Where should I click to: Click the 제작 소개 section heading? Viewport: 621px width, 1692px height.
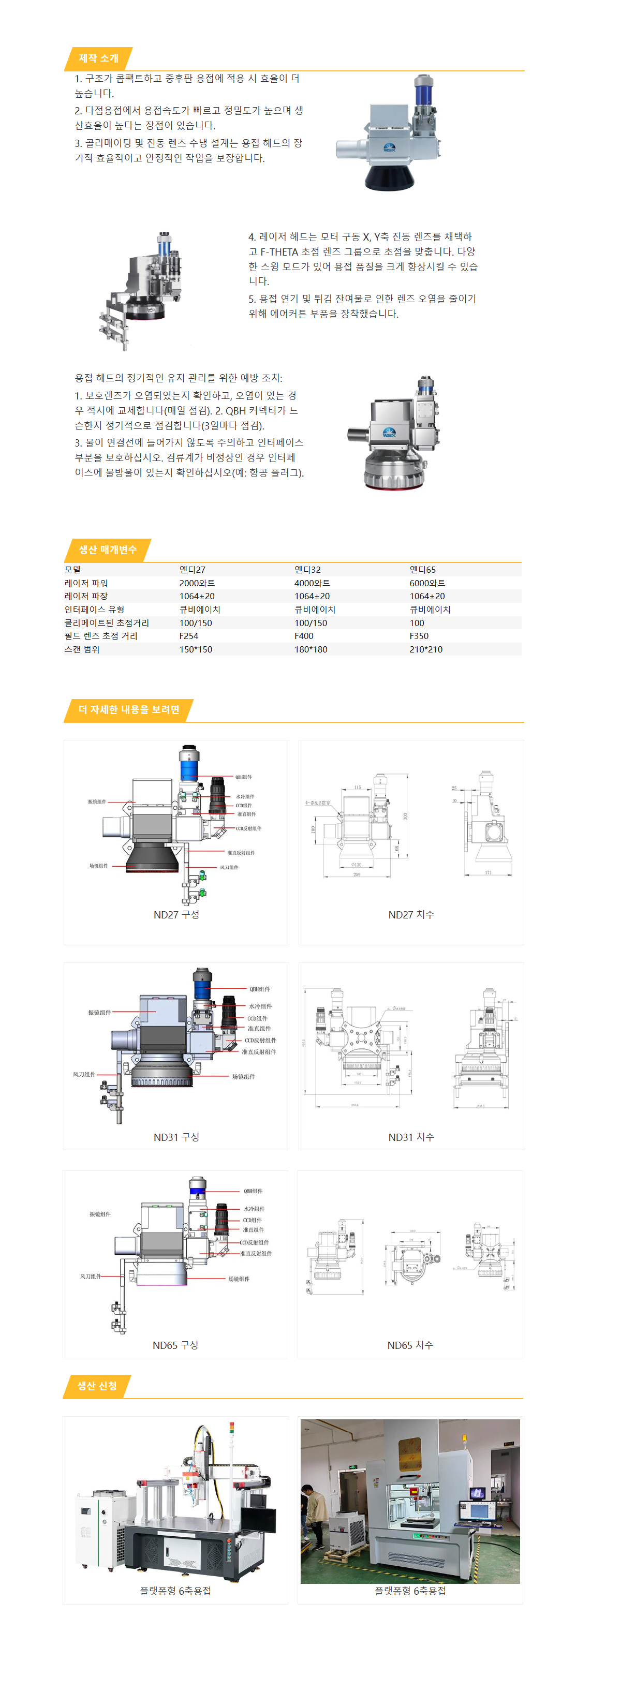[x=98, y=58]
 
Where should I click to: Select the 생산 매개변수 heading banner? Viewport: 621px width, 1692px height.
[x=108, y=550]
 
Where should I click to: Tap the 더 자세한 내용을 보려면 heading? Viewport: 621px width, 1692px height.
[x=129, y=709]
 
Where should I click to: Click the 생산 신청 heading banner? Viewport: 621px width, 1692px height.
[x=97, y=1385]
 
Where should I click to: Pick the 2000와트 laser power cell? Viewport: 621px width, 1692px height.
[x=197, y=583]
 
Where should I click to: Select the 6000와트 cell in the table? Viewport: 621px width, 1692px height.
[x=427, y=583]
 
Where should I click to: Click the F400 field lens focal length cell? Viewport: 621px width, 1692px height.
[x=304, y=636]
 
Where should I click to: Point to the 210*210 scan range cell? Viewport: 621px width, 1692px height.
[x=426, y=649]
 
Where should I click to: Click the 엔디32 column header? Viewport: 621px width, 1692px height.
[x=307, y=570]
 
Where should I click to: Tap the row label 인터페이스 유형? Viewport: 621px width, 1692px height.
[x=94, y=610]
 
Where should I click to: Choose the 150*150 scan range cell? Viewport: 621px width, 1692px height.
[x=196, y=649]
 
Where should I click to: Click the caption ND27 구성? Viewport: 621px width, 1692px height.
[x=176, y=914]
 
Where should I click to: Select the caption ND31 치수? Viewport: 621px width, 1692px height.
[x=411, y=1137]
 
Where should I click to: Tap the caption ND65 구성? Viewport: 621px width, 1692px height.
[x=175, y=1345]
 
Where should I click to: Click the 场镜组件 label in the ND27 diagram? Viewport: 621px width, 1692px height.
[x=98, y=866]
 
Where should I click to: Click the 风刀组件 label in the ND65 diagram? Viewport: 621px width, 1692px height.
[x=91, y=1276]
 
